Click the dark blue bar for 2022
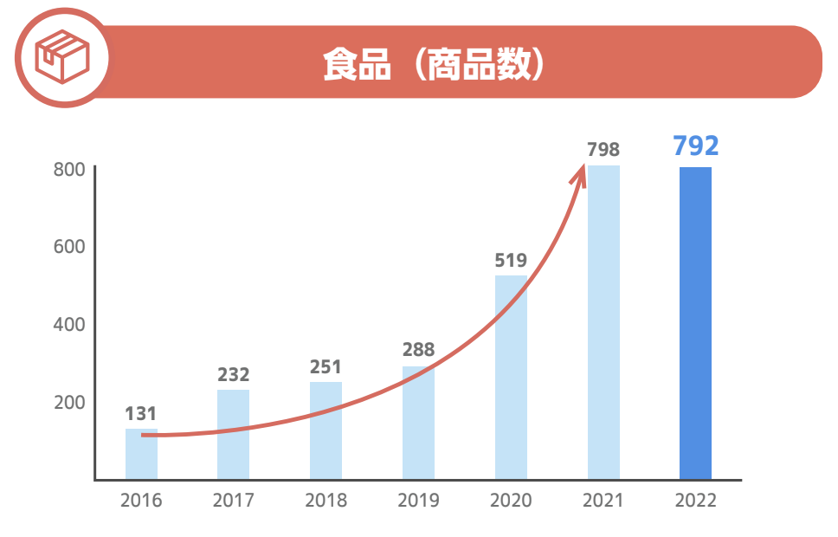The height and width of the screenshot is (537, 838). click(x=695, y=322)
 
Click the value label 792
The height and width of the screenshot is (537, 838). click(x=695, y=146)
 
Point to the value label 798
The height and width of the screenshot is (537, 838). click(x=603, y=149)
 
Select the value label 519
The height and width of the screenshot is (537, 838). click(x=511, y=259)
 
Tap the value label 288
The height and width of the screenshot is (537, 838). click(x=418, y=350)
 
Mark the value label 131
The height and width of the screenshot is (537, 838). click(x=140, y=413)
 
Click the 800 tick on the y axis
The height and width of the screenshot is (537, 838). click(x=69, y=169)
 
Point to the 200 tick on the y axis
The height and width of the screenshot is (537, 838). click(x=69, y=402)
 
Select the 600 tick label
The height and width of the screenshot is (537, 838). click(x=69, y=247)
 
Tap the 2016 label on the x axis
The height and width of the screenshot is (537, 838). click(x=141, y=501)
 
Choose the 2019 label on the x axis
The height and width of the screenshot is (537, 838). click(x=418, y=501)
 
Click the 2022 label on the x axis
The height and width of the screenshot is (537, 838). click(x=695, y=501)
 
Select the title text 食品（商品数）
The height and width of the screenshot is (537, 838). click(x=433, y=63)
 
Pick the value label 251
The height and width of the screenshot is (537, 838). click(x=326, y=366)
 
